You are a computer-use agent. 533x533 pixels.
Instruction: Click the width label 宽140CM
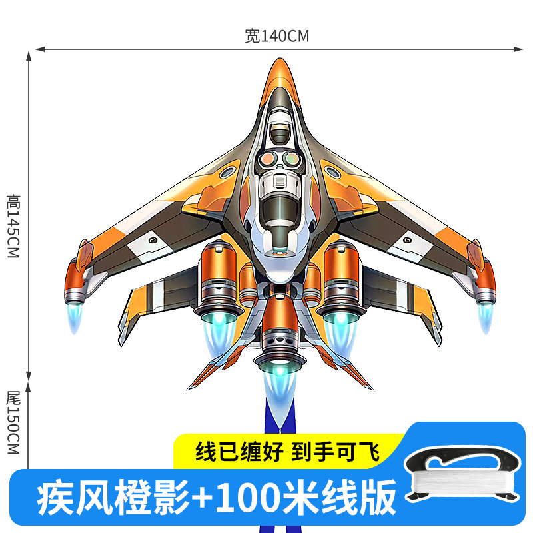click(276, 37)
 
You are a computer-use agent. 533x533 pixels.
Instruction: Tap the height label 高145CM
click(14, 227)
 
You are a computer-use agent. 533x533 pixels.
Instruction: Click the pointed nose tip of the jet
click(279, 62)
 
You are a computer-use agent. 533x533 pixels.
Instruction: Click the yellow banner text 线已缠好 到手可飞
click(286, 453)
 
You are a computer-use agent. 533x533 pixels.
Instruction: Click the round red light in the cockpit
click(268, 159)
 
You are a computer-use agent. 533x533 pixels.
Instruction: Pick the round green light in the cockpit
click(291, 159)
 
